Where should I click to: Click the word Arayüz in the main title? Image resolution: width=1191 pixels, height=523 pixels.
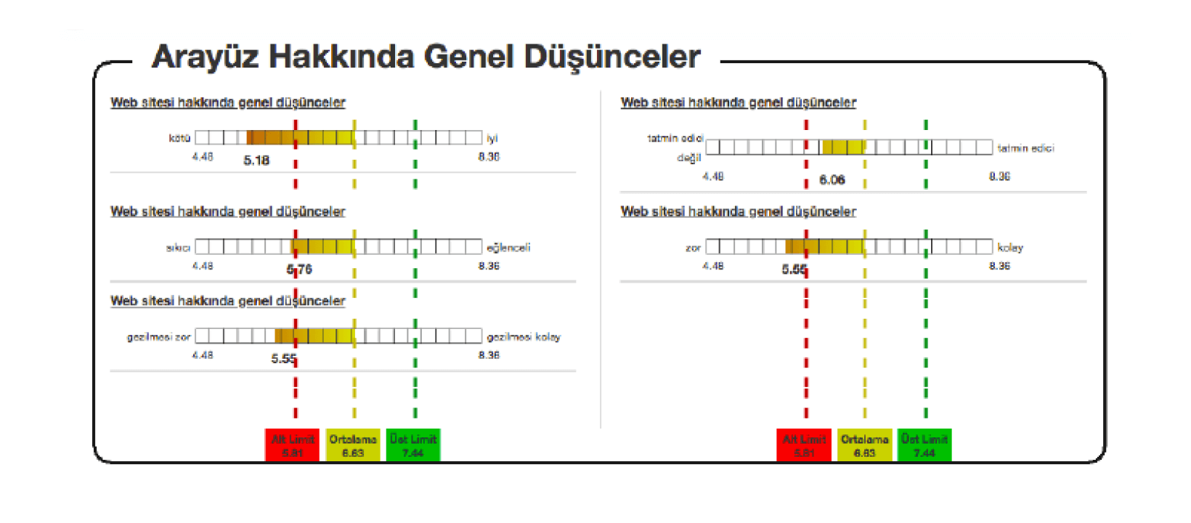[205, 57]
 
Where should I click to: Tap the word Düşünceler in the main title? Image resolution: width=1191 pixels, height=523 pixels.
[612, 57]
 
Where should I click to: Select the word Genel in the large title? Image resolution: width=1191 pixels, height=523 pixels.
[469, 57]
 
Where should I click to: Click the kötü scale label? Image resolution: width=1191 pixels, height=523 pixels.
[179, 138]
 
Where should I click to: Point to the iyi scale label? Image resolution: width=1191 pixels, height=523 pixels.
[492, 138]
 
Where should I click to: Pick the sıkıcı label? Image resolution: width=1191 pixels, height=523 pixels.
[178, 248]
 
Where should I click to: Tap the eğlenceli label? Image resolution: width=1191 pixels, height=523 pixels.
[508, 248]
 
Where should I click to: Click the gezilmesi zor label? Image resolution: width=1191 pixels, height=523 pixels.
[158, 337]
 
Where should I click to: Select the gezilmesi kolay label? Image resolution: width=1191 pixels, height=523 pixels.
[524, 337]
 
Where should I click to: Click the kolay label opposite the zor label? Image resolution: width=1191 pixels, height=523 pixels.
[1010, 248]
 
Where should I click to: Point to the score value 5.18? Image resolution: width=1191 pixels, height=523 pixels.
[256, 161]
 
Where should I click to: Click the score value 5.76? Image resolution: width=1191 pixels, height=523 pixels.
[299, 269]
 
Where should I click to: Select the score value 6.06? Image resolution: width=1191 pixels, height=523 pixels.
[832, 179]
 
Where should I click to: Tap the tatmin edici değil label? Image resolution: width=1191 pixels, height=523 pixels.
[675, 147]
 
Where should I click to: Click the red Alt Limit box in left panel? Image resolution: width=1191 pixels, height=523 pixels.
[293, 445]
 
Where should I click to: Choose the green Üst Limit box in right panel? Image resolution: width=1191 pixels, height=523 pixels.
[924, 445]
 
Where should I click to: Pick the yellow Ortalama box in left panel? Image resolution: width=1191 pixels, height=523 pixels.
[353, 445]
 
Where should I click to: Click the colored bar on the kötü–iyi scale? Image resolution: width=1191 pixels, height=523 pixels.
[300, 137]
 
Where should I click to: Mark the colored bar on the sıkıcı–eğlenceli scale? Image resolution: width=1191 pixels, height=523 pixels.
[323, 247]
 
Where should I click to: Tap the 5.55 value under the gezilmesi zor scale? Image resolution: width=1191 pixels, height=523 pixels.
[284, 359]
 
